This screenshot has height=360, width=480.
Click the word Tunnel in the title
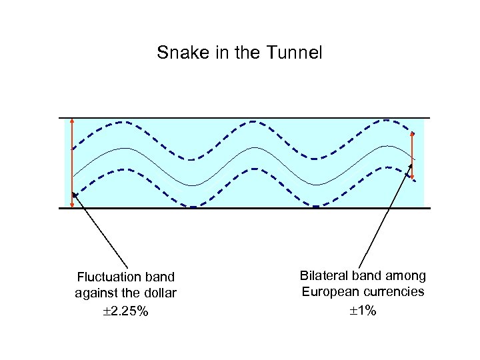click(297, 53)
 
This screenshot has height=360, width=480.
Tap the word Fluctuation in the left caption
click(107, 277)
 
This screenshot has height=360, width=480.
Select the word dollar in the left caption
click(159, 293)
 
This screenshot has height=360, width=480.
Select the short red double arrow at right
click(413, 157)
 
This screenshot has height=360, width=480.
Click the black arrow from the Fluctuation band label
click(100, 230)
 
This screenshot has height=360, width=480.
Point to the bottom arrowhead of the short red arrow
click(413, 178)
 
